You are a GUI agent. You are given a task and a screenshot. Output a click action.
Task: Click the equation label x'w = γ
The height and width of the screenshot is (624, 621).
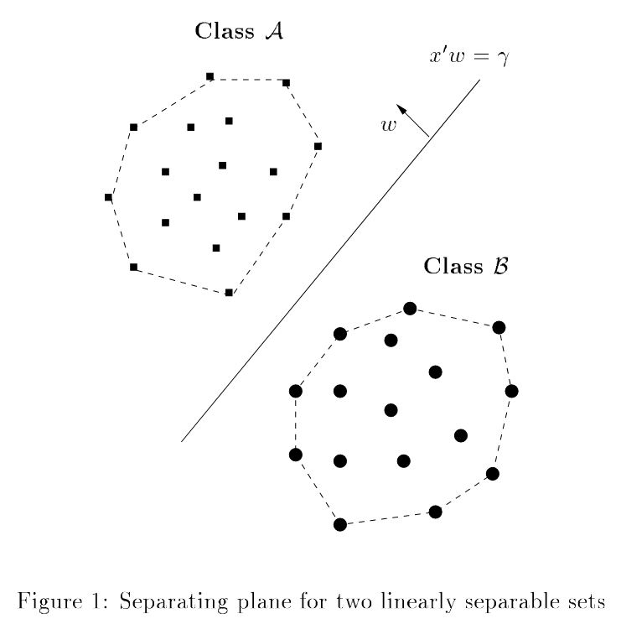[x=468, y=59]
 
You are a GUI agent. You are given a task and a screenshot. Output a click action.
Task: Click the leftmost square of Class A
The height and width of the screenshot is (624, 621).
[x=108, y=197]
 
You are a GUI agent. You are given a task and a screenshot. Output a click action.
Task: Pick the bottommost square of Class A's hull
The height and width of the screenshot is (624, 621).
[x=229, y=293]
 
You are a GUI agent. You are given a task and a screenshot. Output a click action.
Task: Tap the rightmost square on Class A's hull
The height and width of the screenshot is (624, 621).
[x=318, y=147]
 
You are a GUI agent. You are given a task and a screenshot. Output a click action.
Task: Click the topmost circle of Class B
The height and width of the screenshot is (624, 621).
[x=410, y=309]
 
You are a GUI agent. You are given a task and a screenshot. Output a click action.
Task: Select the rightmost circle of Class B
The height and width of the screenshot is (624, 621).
[x=511, y=391]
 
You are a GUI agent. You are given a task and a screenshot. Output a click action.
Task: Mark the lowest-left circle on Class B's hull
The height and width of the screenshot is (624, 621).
[x=340, y=524]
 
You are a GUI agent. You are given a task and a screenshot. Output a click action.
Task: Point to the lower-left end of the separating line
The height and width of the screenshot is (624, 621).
[x=183, y=440]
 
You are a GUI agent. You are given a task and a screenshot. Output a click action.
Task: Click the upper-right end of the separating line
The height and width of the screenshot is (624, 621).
[x=479, y=81]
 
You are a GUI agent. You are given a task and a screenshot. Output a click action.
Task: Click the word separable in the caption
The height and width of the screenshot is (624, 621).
[x=507, y=601]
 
